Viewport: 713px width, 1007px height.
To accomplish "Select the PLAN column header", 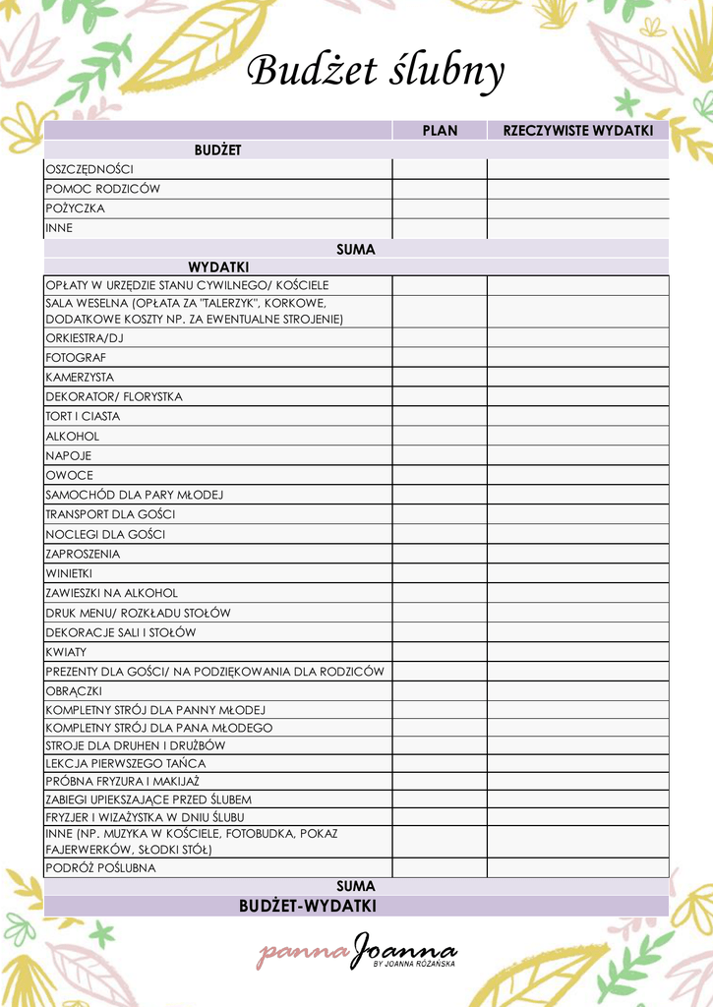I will click(x=440, y=131).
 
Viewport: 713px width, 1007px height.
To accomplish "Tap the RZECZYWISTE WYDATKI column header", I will click(x=578, y=131).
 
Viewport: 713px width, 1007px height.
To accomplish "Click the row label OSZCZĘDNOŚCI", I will click(x=89, y=169).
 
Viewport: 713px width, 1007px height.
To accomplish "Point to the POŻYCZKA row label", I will click(x=75, y=208).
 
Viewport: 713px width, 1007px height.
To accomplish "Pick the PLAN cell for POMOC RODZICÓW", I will click(x=440, y=189).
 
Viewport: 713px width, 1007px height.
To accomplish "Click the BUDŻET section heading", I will click(x=217, y=149).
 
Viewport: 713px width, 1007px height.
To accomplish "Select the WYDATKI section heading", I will click(x=218, y=267).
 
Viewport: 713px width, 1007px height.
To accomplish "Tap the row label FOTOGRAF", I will click(x=76, y=357).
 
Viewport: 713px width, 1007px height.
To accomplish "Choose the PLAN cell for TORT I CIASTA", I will click(x=440, y=416).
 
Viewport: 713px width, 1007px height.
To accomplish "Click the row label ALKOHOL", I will click(x=73, y=436).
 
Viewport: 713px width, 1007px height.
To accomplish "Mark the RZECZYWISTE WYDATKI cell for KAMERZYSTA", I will click(x=578, y=377).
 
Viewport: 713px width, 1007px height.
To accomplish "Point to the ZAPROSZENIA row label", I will click(x=83, y=554).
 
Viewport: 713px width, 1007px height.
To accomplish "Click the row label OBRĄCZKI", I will click(x=74, y=690).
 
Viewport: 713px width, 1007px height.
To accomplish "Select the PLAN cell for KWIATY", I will click(x=440, y=652).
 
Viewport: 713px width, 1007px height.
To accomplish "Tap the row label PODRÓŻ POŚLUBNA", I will click(x=100, y=868).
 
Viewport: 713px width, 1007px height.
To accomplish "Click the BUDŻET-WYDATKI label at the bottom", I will click(x=307, y=906).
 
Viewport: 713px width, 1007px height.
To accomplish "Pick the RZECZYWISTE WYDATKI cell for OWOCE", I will click(x=578, y=475).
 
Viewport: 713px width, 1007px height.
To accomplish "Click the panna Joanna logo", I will click(x=358, y=952).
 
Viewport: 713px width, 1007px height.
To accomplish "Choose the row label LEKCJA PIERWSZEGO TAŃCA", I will click(x=126, y=763).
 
